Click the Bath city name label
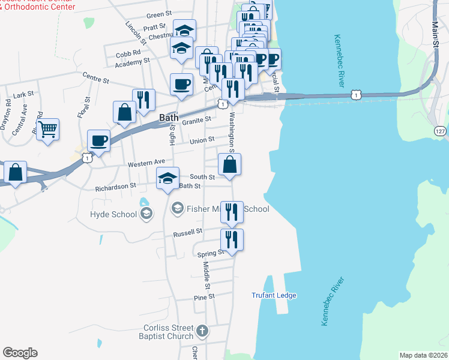[x=169, y=118]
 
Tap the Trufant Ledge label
[x=274, y=295]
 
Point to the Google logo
[x=20, y=353]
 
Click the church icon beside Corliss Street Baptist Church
[x=203, y=330]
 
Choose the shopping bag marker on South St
[x=230, y=165]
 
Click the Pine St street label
[x=204, y=297]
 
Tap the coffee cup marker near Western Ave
[x=98, y=142]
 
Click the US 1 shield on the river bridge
[x=357, y=95]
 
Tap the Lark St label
[x=24, y=95]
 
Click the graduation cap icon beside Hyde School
[x=146, y=214]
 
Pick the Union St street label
[x=202, y=140]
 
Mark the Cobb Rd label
[x=127, y=54]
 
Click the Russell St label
[x=188, y=232]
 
